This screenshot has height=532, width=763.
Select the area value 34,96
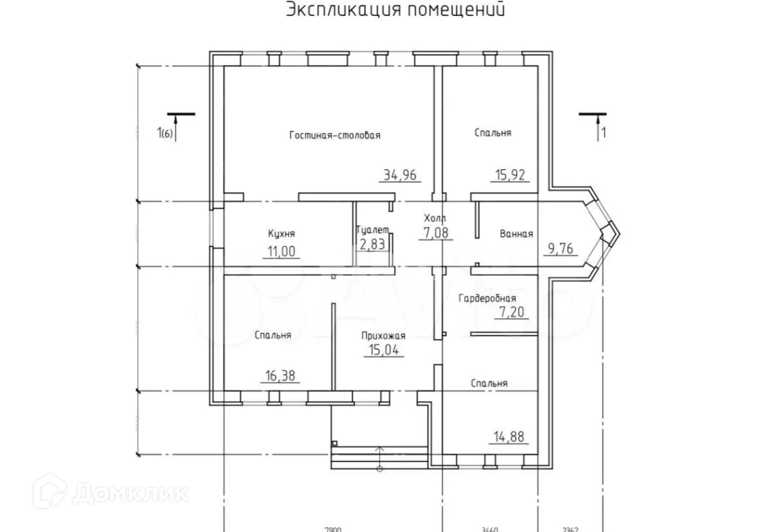coord(401,175)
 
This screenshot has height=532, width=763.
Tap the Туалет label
coord(373,230)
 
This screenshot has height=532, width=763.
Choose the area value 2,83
coord(372,244)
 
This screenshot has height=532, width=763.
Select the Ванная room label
coord(516,234)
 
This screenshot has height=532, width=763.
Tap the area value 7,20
coord(511,313)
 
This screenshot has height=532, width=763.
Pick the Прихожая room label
coord(384,336)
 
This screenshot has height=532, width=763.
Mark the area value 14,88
coord(510,435)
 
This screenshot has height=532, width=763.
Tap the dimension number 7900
coord(332,529)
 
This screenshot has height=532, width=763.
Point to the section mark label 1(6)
coord(166,134)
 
